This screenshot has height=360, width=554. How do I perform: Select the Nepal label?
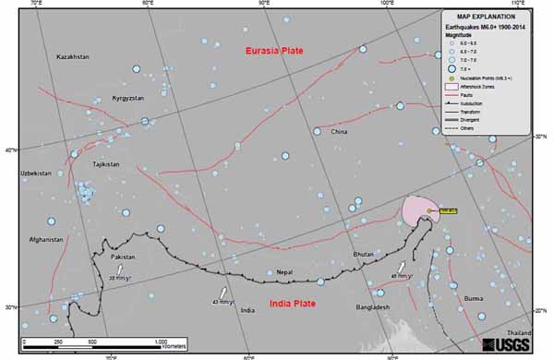(x=285, y=271)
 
